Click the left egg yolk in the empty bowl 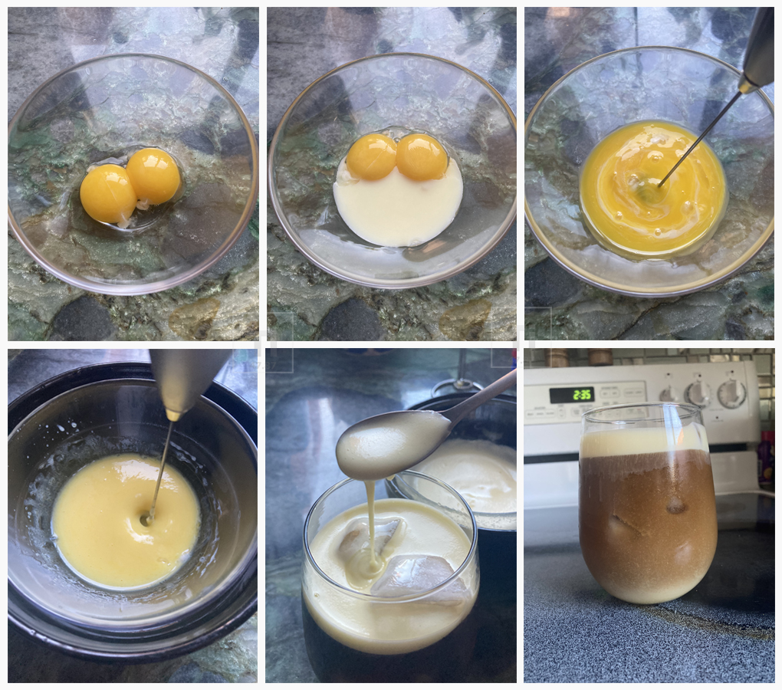pos(107,193)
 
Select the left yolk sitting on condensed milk pos(371,156)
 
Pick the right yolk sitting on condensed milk pos(422,156)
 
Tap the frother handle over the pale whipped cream pos(184,379)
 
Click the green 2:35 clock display pos(571,394)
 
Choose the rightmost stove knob pos(731,393)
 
